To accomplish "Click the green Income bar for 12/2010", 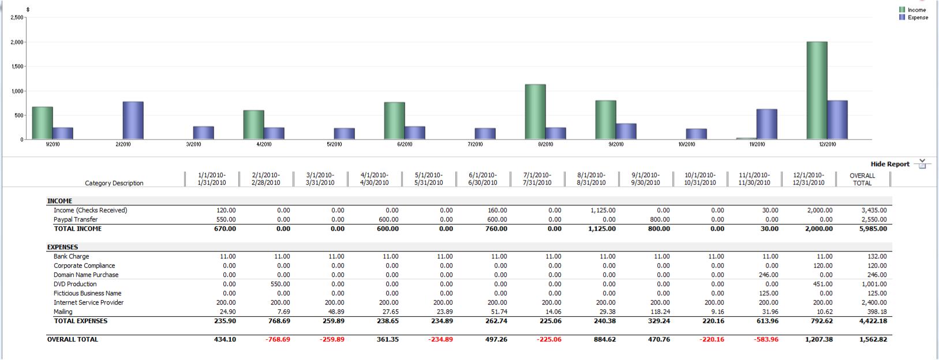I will (817, 91).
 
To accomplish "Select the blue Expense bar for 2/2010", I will (133, 121).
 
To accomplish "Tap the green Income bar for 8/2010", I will (535, 112).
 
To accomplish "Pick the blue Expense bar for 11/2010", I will (766, 124).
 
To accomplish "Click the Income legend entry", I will (916, 10).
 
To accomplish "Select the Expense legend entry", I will (917, 17).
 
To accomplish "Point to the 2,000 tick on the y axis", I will (16, 42).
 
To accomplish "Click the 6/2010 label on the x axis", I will (405, 144).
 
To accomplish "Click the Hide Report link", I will (890, 164).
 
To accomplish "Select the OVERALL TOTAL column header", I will (862, 179).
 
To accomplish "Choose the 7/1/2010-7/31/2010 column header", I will (537, 179).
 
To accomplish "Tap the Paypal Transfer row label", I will (76, 219).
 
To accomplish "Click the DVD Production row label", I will (75, 284).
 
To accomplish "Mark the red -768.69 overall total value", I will (278, 339).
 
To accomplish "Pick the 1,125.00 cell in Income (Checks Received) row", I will (603, 210).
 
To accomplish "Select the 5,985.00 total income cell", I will (872, 228).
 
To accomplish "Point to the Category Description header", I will (114, 183).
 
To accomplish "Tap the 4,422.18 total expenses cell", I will (872, 321).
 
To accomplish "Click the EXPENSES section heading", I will (62, 247).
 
